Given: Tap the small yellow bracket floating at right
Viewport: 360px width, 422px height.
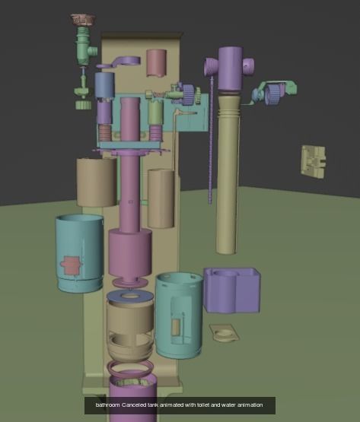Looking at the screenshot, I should click(x=314, y=162).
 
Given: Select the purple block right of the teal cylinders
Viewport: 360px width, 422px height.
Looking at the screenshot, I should click(x=232, y=290).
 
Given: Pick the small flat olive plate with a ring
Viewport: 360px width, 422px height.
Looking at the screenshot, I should click(x=222, y=333).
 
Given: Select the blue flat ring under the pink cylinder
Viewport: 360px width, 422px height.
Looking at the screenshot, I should click(x=130, y=296).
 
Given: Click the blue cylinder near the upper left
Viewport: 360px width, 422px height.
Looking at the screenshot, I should click(x=104, y=84).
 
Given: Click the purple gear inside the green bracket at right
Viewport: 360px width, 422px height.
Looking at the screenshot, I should click(x=273, y=94).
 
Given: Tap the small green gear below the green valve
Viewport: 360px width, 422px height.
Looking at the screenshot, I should click(x=83, y=104).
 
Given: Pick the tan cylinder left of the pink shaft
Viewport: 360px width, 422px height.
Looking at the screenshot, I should click(x=96, y=182).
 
